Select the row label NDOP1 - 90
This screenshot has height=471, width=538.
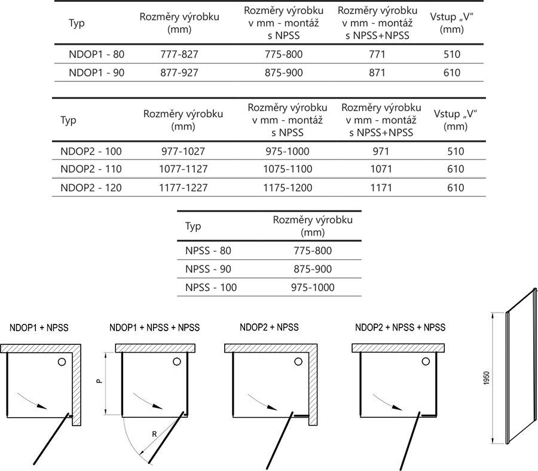[x=97, y=73]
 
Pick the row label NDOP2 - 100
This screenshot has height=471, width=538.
[x=91, y=151]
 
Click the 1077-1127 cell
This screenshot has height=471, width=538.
[x=184, y=170]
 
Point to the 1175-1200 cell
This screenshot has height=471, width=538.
[x=288, y=188]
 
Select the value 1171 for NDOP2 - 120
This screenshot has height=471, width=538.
[x=381, y=188]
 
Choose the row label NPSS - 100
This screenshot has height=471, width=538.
[x=211, y=288]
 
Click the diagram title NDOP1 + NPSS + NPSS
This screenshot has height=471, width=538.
[x=155, y=328]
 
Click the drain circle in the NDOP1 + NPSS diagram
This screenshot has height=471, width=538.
[x=62, y=362]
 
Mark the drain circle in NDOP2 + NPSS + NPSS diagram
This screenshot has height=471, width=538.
[x=425, y=362]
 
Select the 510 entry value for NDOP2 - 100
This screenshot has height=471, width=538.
[x=456, y=151]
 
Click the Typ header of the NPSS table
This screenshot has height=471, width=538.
[x=193, y=227]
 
